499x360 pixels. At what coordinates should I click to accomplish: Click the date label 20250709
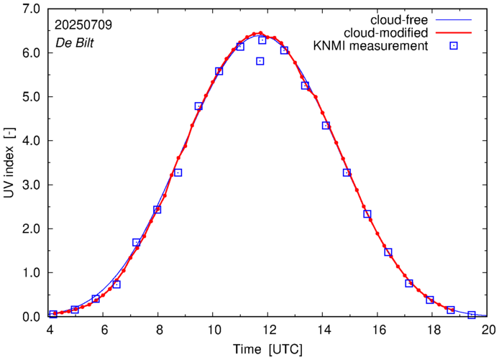pyautogui.click(x=83, y=24)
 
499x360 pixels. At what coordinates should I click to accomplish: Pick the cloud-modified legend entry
pyautogui.click(x=387, y=33)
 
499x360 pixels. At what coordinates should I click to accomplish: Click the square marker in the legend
pyautogui.click(x=454, y=47)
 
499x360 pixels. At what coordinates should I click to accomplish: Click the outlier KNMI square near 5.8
pyautogui.click(x=260, y=61)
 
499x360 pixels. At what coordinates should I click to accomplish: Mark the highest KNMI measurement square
pyautogui.click(x=262, y=40)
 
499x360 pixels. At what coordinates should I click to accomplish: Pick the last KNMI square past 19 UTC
pyautogui.click(x=472, y=315)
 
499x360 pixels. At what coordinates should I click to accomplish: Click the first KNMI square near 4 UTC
pyautogui.click(x=53, y=314)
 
